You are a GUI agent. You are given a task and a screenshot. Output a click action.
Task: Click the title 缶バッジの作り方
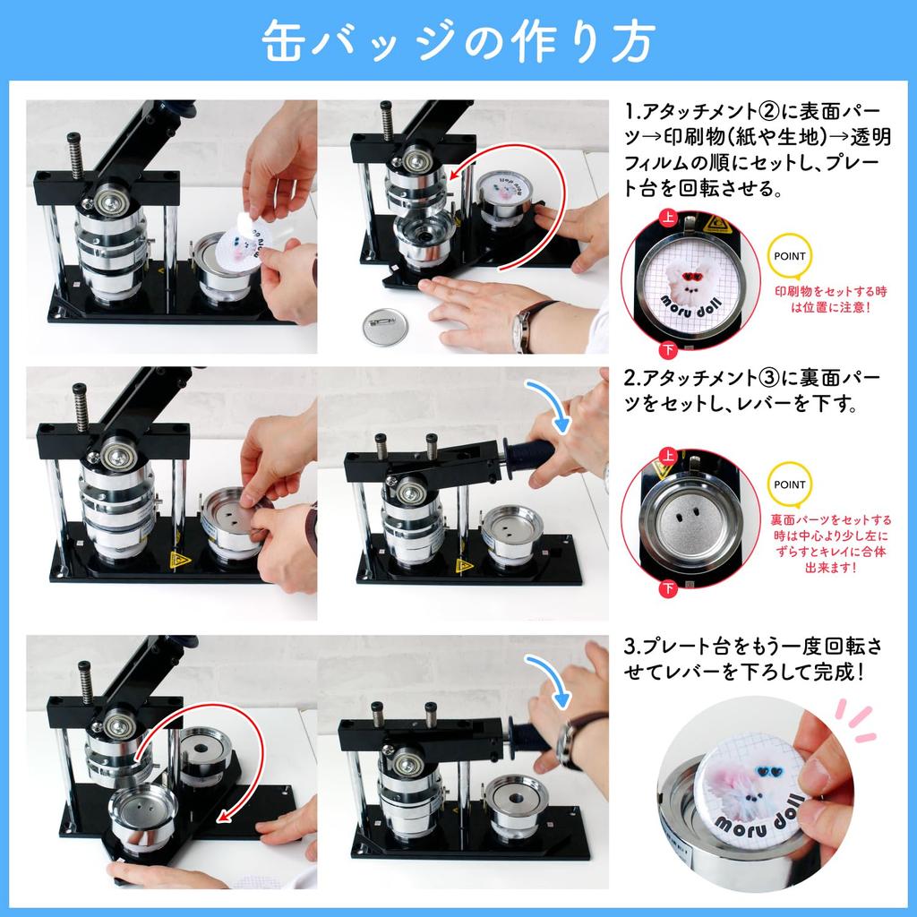(458, 40)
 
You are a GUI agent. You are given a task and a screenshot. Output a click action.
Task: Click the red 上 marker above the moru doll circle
(668, 218)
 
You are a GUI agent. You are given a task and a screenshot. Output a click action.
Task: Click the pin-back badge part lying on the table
(386, 327)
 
